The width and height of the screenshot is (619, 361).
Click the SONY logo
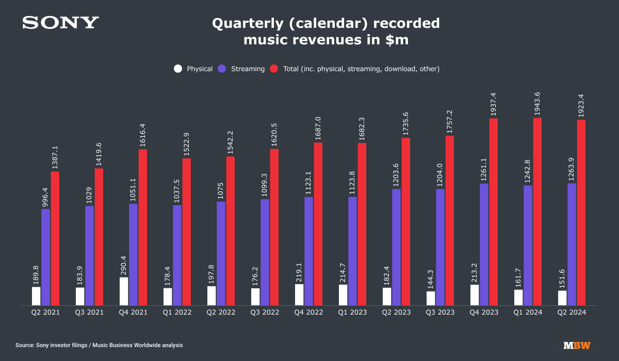[x=60, y=23]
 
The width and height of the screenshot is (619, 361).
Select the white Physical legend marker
[x=178, y=69]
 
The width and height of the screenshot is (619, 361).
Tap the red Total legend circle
[x=274, y=69]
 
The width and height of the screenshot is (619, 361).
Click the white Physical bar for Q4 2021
[x=124, y=291]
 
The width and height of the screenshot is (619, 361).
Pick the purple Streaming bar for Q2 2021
[x=46, y=257]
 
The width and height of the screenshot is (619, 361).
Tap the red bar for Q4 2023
[x=494, y=211]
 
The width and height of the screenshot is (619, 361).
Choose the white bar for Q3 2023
[x=431, y=298]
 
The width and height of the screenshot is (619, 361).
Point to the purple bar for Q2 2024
[x=572, y=244]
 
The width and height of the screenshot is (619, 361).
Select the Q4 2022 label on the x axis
[x=308, y=313]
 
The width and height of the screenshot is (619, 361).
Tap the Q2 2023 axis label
[x=396, y=313]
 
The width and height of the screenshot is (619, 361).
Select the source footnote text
[x=99, y=345]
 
